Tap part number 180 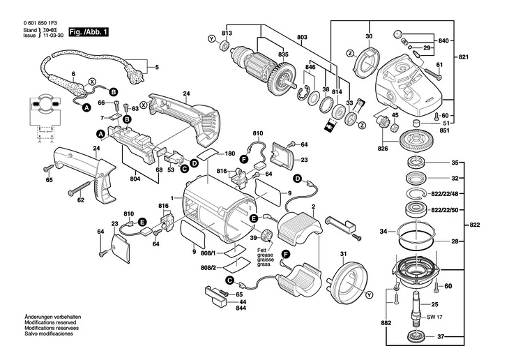229,153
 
